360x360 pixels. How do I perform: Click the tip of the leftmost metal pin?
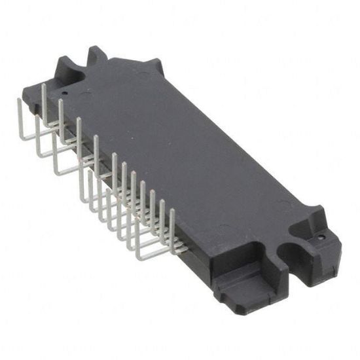point(18,99)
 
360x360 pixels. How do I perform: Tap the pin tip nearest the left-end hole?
point(43,84)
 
